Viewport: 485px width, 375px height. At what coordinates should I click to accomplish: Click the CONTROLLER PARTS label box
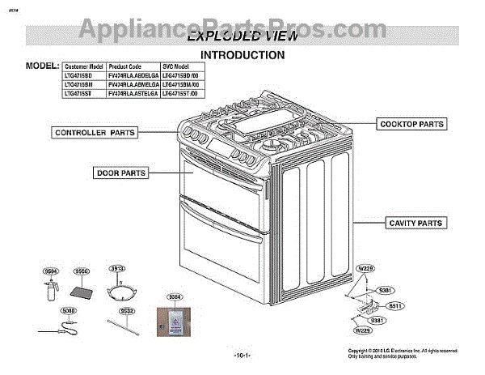click(94, 131)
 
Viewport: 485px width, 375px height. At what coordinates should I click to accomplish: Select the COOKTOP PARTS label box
click(412, 124)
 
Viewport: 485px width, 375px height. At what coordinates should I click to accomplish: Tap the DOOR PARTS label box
click(121, 173)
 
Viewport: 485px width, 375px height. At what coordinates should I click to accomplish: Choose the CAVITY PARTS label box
click(415, 223)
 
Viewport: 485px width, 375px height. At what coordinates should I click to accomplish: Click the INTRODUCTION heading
click(242, 55)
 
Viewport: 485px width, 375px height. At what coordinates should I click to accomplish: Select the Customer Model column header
click(84, 66)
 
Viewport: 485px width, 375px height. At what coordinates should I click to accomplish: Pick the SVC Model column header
click(179, 66)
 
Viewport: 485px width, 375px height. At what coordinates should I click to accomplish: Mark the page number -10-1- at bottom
click(242, 356)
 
